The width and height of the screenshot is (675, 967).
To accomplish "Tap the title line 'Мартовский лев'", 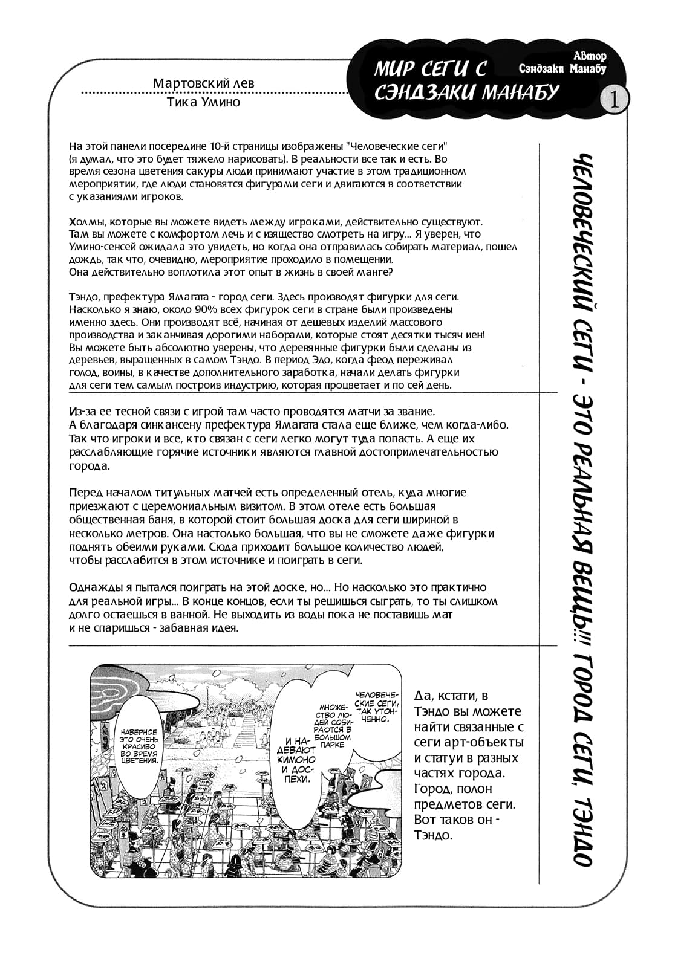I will point(204,83).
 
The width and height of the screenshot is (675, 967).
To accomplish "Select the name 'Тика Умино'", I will point(202,102).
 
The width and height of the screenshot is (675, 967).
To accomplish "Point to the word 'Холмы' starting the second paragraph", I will point(85,222).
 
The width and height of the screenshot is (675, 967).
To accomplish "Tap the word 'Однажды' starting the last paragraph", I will point(90,587).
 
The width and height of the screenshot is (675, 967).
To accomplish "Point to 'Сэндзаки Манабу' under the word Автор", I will point(562,69).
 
